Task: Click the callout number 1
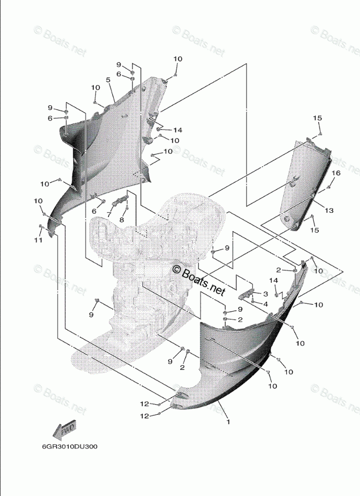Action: tap(228, 422)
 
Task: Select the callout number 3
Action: tap(266, 294)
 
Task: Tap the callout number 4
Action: tap(266, 303)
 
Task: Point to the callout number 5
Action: tap(108, 80)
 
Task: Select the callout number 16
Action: tap(336, 173)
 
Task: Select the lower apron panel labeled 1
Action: tap(236, 361)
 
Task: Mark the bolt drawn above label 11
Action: tap(42, 229)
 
